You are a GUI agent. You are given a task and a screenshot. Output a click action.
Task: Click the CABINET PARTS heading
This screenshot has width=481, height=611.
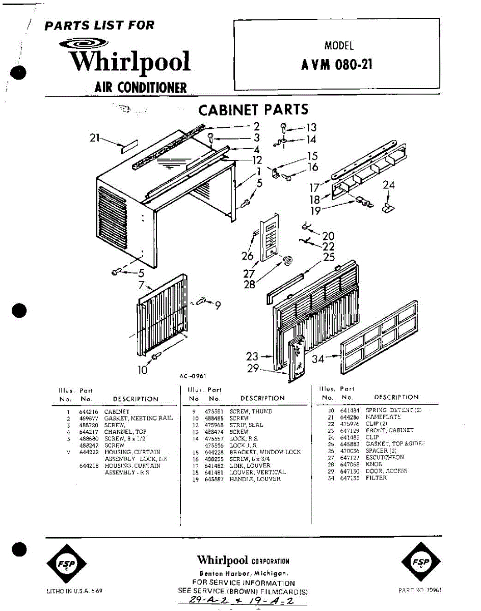tap(253, 109)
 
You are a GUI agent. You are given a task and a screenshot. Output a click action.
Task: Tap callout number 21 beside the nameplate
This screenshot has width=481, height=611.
tap(94, 137)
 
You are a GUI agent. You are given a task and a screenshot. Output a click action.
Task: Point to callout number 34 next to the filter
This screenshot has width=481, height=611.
tap(318, 359)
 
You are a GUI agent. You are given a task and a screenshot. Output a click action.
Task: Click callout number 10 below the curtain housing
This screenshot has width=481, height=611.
tap(142, 370)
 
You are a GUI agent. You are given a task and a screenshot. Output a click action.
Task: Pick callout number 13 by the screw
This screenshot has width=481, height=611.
tap(311, 128)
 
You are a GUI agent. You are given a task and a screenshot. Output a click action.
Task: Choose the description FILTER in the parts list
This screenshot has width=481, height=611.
tap(376, 478)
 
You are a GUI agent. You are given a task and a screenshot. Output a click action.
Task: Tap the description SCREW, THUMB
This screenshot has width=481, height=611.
tap(251, 411)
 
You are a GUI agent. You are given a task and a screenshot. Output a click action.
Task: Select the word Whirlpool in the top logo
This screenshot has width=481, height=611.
tap(130, 62)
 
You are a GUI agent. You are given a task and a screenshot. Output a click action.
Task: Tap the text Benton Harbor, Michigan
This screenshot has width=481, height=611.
tap(243, 573)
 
